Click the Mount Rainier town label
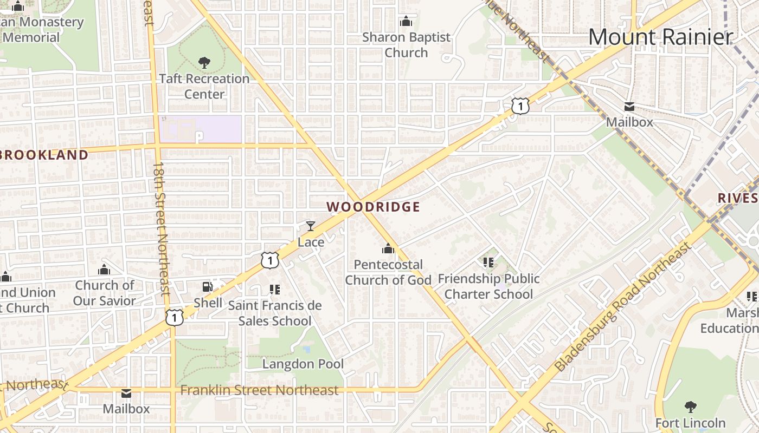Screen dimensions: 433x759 660,37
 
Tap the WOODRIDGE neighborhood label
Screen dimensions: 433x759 374,207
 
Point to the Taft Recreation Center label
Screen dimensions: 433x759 204,86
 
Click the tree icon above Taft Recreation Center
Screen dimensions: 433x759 204,63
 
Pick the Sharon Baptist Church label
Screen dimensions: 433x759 406,45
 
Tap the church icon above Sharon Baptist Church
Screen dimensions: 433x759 406,22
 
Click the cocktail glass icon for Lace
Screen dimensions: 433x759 311,226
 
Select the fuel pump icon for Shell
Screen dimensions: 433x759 208,286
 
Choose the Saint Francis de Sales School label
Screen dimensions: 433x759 275,313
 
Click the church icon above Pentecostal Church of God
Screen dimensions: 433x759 388,248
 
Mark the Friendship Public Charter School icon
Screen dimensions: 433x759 488,263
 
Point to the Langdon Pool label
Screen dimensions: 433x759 303,364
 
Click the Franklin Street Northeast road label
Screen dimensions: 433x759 259,390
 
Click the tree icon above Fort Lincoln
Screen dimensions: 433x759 690,406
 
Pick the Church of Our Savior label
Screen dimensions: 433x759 105,293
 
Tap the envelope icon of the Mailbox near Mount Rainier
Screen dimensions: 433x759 629,107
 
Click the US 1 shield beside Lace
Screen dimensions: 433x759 269,260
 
